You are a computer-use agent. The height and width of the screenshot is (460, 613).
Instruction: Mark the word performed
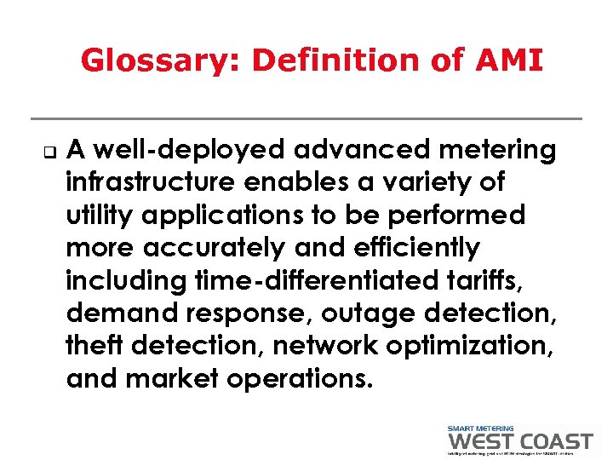click(461, 216)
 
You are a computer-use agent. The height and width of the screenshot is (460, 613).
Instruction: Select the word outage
click(370, 313)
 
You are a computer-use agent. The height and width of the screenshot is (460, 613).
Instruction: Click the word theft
click(94, 345)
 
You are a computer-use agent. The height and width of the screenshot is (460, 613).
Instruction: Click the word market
click(173, 377)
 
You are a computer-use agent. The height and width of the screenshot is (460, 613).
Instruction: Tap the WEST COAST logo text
click(519, 441)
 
